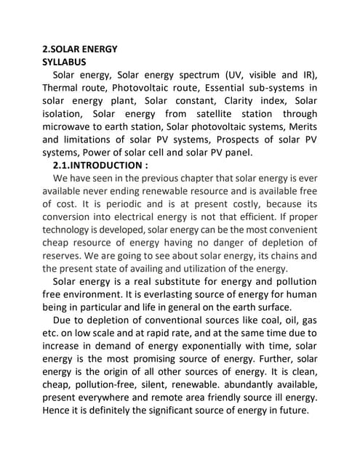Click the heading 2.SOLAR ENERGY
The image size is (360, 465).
80,49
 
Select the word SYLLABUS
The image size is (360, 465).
65,62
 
